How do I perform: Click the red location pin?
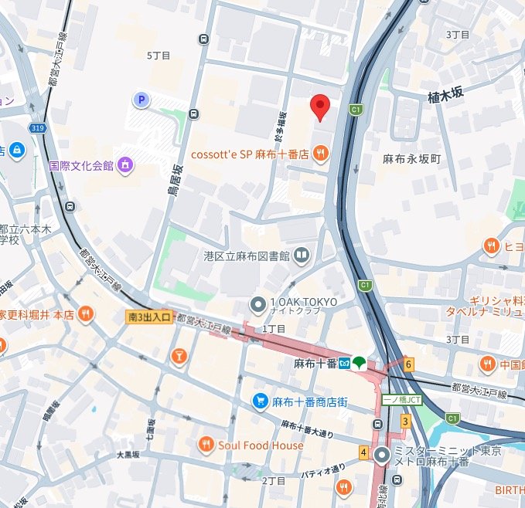coord(320,107)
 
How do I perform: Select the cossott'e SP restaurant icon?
coord(320,155)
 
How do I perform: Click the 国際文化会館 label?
coord(81,165)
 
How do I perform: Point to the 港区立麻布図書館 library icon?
coord(302,255)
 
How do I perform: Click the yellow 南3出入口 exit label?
coord(148,317)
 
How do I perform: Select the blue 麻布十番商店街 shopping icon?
coord(260,401)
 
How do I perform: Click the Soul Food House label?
coord(261,445)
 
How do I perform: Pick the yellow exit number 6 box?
coord(408,364)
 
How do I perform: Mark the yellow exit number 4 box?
coord(363,452)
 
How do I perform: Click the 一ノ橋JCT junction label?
coord(403,400)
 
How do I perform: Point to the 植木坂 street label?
coord(445,94)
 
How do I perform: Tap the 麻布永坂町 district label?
coord(411,158)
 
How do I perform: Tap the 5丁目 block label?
coord(158,56)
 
